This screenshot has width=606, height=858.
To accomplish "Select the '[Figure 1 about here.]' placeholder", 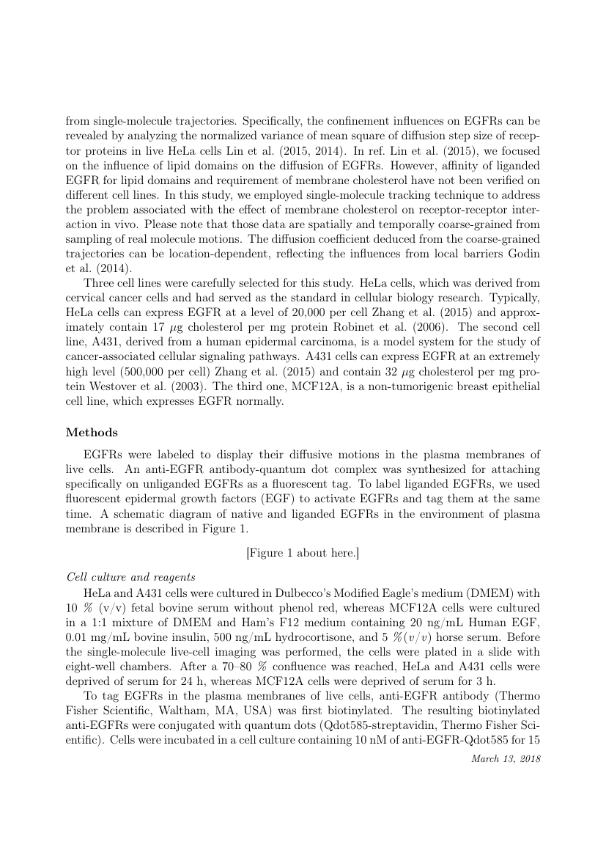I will click(x=303, y=552).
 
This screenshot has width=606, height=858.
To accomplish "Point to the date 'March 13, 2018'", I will click(x=506, y=758).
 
